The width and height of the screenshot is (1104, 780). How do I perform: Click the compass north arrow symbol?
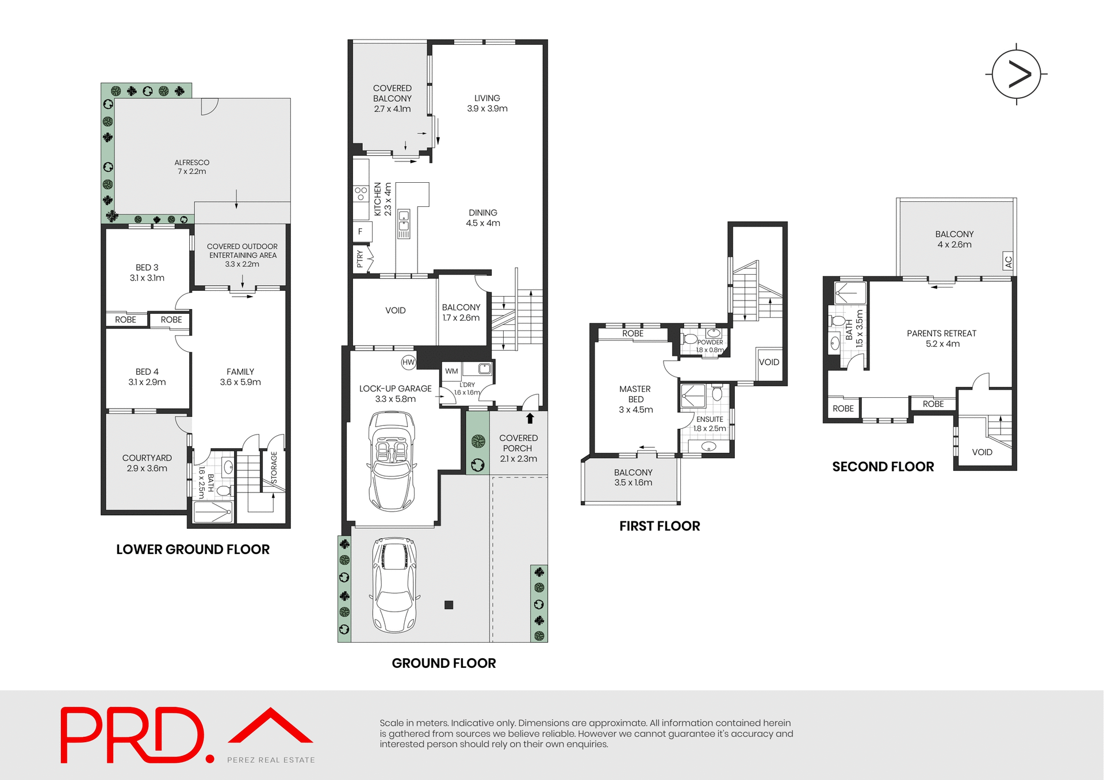[1017, 74]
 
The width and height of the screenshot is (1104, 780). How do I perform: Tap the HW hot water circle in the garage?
[408, 362]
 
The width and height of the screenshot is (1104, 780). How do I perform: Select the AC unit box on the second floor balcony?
[1007, 262]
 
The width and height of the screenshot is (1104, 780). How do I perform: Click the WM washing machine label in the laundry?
[451, 371]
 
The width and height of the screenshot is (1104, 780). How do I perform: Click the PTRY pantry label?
[360, 259]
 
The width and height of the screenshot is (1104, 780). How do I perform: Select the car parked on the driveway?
[394, 584]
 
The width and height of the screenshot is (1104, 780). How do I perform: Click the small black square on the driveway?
[449, 605]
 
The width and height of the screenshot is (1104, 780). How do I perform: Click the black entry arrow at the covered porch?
[530, 418]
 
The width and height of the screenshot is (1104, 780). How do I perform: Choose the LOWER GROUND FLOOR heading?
[193, 550]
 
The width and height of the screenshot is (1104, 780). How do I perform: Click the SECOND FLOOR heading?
[883, 467]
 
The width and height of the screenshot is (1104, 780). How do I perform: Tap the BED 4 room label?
[147, 377]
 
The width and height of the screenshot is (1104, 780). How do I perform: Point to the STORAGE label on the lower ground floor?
[274, 467]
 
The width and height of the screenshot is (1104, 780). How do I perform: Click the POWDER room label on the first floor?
[710, 343]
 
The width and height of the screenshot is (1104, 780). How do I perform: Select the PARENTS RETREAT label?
[941, 339]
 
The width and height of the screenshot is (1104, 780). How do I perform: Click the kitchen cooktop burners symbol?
[361, 193]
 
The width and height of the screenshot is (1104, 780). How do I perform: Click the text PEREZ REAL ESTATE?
[271, 760]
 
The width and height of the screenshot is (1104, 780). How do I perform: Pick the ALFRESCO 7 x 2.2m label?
[192, 167]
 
